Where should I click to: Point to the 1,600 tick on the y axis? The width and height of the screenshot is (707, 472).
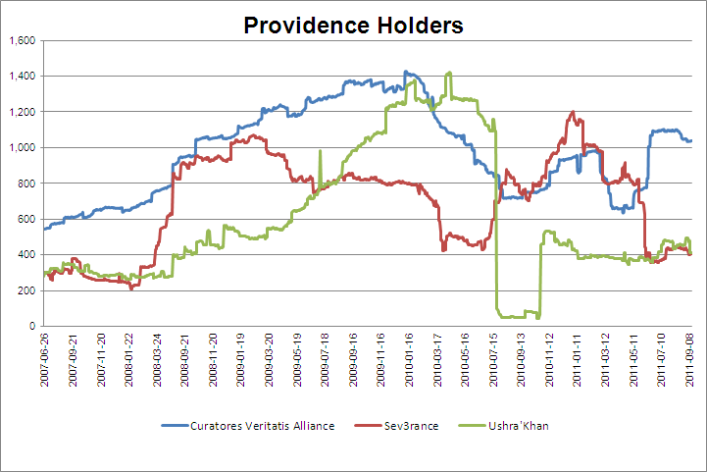[22, 40]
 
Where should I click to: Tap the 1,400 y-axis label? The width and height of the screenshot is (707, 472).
[22, 77]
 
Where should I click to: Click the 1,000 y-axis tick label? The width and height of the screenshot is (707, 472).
[22, 148]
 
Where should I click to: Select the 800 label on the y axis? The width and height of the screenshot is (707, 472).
[26, 184]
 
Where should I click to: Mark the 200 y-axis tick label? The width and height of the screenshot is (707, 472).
[26, 290]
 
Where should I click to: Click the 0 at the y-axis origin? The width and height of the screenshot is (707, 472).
[32, 327]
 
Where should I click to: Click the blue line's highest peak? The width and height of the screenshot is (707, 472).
[406, 71]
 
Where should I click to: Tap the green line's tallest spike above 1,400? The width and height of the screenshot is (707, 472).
[449, 72]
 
